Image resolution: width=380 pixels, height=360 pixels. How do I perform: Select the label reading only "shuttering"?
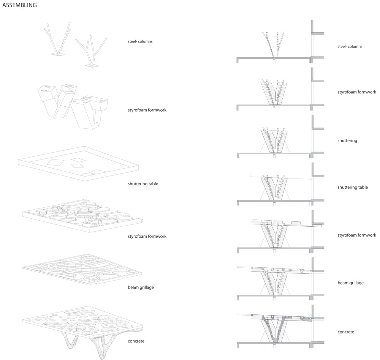pyautogui.click(x=347, y=141)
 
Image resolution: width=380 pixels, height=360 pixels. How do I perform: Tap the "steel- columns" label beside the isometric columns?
pyautogui.click(x=140, y=41)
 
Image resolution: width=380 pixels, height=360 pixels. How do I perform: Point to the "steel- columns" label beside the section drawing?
pyautogui.click(x=350, y=47)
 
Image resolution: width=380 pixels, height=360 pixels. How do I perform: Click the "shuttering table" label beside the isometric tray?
pyautogui.click(x=143, y=184)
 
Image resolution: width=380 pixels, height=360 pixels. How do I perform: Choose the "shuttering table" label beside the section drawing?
pyautogui.click(x=353, y=187)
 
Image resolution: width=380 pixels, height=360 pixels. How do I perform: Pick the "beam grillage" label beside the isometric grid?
pyautogui.click(x=141, y=287)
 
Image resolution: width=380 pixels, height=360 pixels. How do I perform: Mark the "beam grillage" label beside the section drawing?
pyautogui.click(x=351, y=283)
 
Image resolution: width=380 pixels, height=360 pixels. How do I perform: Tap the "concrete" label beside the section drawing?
pyautogui.click(x=346, y=332)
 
